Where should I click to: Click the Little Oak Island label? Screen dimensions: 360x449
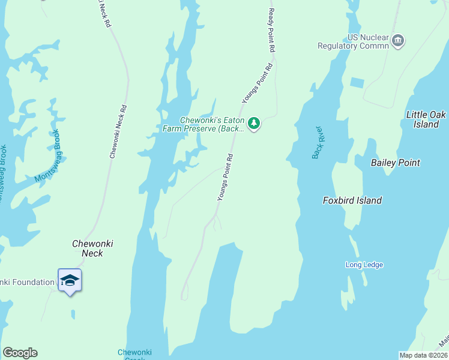pyautogui.click(x=426, y=119)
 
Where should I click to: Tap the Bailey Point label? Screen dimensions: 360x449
pyautogui.click(x=396, y=163)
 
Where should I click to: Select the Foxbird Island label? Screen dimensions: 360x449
pyautogui.click(x=352, y=200)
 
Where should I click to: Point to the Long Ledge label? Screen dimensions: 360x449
pyautogui.click(x=364, y=265)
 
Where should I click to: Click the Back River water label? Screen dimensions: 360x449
pyautogui.click(x=318, y=143)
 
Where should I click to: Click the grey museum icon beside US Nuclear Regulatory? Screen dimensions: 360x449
pyautogui.click(x=398, y=41)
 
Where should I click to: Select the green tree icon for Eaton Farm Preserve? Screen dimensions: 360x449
pyautogui.click(x=254, y=124)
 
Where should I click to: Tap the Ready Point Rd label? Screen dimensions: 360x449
pyautogui.click(x=272, y=30)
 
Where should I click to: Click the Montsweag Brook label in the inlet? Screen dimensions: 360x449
pyautogui.click(x=48, y=156)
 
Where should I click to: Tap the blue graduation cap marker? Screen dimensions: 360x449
pyautogui.click(x=70, y=280)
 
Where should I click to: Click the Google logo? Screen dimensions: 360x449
pyautogui.click(x=20, y=353)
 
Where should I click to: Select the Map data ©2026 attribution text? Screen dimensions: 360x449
pyautogui.click(x=424, y=355)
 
